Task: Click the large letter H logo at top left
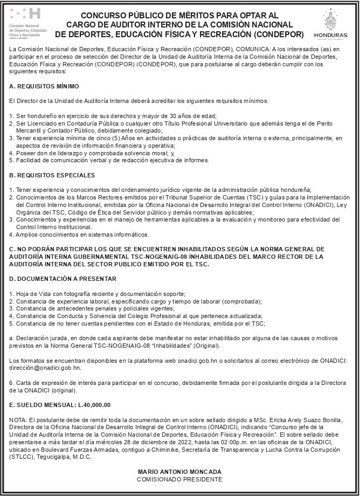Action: pos(33,14)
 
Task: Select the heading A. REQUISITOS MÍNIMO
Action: pos(44,86)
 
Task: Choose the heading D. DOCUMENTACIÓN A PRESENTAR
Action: pos(63,278)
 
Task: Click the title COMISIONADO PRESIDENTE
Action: pos(179,479)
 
